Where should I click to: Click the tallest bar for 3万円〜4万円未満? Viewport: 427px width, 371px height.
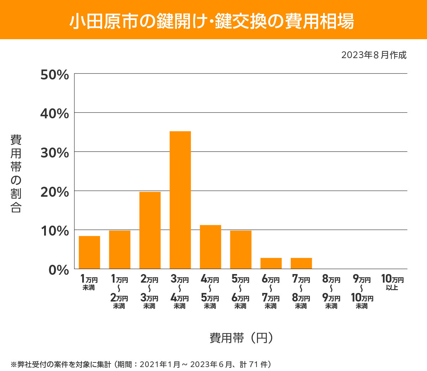tap(180, 200)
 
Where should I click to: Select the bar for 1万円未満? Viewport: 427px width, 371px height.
tap(89, 252)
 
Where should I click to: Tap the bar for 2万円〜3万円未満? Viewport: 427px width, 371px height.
tap(150, 230)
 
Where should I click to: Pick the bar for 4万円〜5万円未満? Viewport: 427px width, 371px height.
tap(210, 247)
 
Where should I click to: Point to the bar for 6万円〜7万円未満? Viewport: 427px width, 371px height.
tap(271, 263)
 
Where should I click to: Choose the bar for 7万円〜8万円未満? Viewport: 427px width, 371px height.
tap(301, 263)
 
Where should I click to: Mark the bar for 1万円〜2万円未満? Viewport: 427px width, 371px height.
tap(120, 249)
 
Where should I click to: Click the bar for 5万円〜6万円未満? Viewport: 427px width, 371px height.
tap(241, 249)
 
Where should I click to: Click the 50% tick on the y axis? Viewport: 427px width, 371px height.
tap(54, 75)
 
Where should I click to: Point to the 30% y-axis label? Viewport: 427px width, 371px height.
tap(54, 153)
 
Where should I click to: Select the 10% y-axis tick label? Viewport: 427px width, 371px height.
tap(54, 231)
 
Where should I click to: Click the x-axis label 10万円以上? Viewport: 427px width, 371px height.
tap(392, 282)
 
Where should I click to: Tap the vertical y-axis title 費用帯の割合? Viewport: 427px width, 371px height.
tap(16, 174)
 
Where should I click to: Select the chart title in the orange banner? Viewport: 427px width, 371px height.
tap(212, 21)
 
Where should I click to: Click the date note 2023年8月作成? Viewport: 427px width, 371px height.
tap(374, 55)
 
